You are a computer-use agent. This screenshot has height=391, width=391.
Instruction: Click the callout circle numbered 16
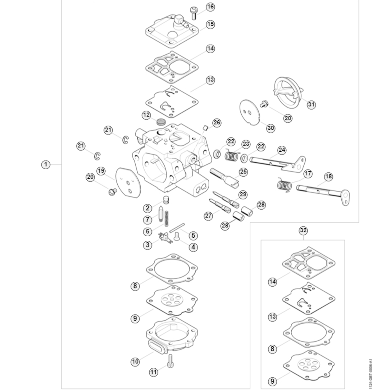click(210, 7)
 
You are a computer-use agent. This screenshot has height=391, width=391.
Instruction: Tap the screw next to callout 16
click(193, 13)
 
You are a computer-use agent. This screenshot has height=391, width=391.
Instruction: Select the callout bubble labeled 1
click(46, 164)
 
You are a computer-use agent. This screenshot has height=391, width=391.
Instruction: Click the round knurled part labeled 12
click(160, 121)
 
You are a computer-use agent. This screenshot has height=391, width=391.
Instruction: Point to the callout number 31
click(311, 104)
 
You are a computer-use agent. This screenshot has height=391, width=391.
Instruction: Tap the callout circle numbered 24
click(282, 150)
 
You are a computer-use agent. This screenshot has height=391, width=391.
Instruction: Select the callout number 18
click(328, 176)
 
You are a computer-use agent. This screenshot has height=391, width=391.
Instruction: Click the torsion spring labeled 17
click(284, 184)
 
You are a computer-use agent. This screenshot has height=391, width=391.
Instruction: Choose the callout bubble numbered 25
click(244, 171)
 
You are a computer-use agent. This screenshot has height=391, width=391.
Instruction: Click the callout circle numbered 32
click(303, 230)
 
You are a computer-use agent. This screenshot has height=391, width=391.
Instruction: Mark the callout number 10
click(135, 362)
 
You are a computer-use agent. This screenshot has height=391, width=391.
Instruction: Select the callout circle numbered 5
click(194, 235)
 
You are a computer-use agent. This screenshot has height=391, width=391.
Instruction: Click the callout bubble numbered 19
click(101, 171)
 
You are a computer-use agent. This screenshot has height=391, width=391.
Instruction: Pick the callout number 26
click(217, 123)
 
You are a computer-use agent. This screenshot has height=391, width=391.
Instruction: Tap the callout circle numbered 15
click(210, 24)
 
